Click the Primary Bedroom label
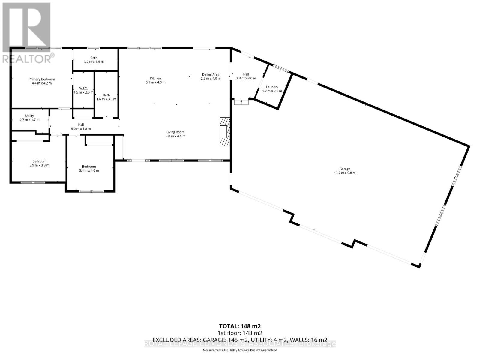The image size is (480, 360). [x=42, y=79]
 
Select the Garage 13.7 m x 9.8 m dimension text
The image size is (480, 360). [x=345, y=173]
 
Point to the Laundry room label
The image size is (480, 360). [x=272, y=87]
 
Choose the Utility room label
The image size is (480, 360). [x=29, y=116]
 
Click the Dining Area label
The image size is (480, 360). [x=211, y=75]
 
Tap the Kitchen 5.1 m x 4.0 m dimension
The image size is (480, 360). [x=155, y=82]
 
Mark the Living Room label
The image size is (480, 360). [x=175, y=132]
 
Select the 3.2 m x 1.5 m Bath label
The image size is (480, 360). [x=94, y=62]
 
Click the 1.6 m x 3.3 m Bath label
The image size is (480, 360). [x=106, y=99]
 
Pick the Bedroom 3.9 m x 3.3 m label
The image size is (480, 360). [x=39, y=165]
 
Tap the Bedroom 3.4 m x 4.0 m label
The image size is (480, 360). [x=89, y=170]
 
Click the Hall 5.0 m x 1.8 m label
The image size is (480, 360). [x=81, y=129]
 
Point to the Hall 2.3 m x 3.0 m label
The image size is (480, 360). [x=246, y=78]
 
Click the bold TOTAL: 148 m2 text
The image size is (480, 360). [x=240, y=326]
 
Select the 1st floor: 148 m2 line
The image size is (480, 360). [x=240, y=333]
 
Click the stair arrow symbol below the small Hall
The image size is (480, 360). [x=241, y=102]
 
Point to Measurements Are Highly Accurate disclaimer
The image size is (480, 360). [x=240, y=350]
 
